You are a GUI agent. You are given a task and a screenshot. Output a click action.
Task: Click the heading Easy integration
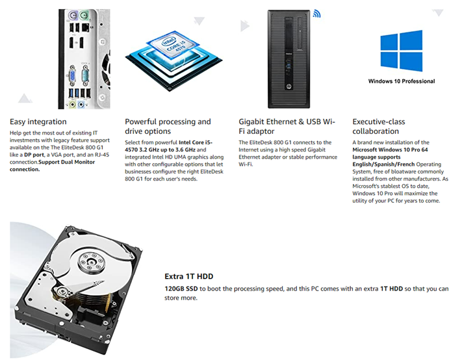(x=38, y=122)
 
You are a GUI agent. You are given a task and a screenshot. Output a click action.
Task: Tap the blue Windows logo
(x=402, y=51)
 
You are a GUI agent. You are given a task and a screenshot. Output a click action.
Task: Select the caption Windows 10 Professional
(x=402, y=81)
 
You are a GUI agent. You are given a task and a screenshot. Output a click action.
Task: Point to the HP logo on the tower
(x=289, y=86)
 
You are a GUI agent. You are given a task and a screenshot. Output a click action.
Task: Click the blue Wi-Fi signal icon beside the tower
(x=316, y=14)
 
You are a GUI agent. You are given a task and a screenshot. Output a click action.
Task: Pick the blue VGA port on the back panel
(x=72, y=75)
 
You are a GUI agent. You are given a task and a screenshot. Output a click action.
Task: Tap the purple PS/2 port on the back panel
(x=73, y=15)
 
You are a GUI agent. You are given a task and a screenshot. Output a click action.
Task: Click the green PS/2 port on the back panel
(x=84, y=15)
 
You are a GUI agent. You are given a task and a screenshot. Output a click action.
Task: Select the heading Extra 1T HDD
(x=188, y=276)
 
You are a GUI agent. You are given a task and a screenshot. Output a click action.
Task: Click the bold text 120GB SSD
(x=181, y=289)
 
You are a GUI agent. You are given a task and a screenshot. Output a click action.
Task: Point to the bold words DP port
(x=34, y=155)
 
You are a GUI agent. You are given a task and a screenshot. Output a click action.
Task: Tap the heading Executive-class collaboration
(x=379, y=126)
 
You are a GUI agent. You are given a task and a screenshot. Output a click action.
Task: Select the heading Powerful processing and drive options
(x=168, y=126)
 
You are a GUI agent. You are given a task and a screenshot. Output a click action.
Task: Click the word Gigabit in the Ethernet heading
(x=251, y=122)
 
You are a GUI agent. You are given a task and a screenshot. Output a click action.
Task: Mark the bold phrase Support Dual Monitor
(x=67, y=162)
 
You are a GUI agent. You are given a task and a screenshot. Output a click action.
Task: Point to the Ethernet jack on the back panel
(x=85, y=27)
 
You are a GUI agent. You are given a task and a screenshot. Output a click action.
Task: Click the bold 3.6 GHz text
(x=185, y=149)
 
